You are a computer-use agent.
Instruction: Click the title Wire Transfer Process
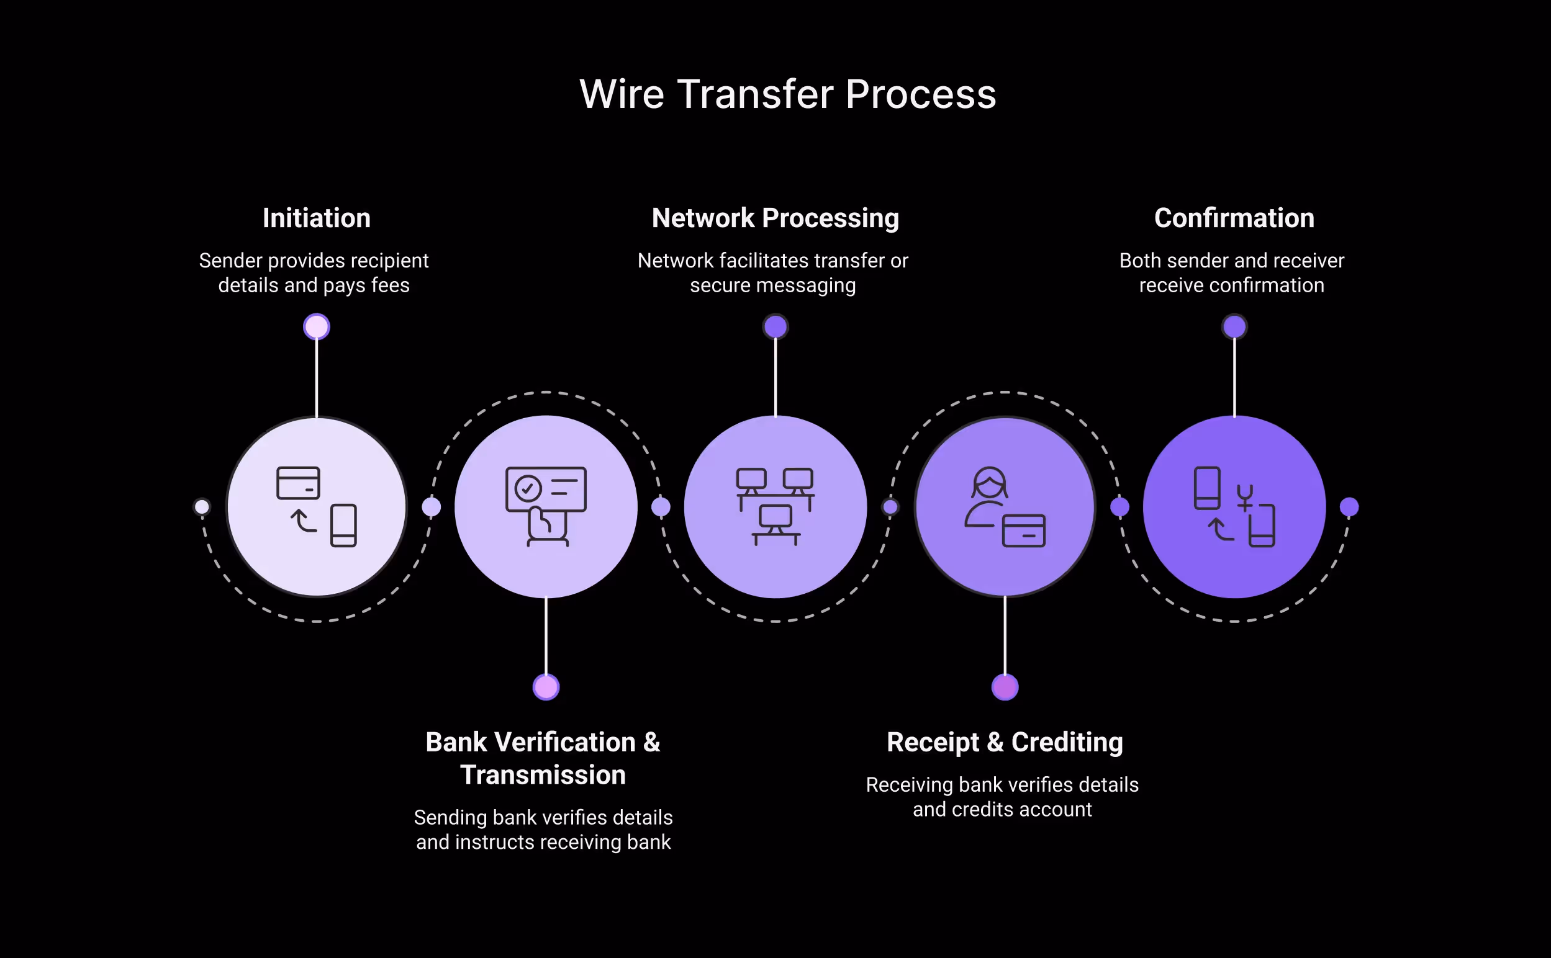[787, 94]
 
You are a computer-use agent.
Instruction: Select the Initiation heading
[316, 218]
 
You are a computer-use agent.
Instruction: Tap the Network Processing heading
[775, 218]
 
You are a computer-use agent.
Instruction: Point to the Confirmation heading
[1234, 218]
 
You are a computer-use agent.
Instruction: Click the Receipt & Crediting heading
[1005, 742]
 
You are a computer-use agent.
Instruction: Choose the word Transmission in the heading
[543, 775]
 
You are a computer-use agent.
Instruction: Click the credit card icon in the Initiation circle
[298, 483]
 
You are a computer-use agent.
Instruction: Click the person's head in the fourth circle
[990, 483]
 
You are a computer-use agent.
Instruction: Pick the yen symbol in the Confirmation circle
[1245, 498]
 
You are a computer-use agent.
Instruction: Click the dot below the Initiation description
[316, 327]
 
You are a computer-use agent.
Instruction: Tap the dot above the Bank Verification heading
[546, 687]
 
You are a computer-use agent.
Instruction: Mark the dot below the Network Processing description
[775, 327]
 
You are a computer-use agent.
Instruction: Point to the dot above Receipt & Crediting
[1005, 687]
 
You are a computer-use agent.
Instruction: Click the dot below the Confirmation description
[1234, 327]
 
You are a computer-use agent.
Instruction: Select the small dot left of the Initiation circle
[202, 507]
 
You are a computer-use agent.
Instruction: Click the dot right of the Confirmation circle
[1349, 507]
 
